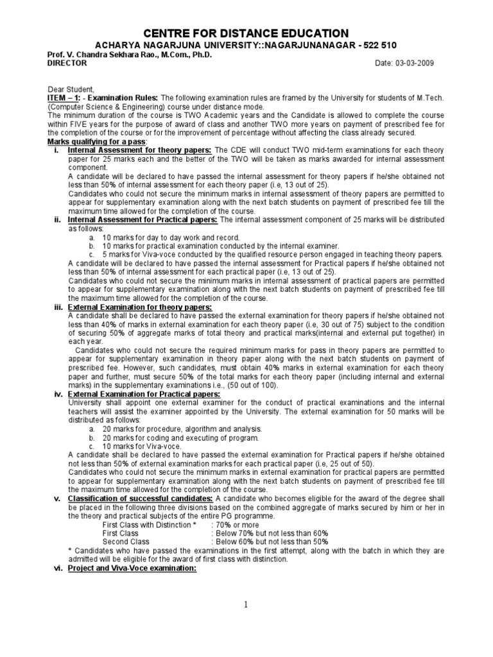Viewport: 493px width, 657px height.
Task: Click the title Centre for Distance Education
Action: point(246,33)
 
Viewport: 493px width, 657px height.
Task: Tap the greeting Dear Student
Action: point(71,89)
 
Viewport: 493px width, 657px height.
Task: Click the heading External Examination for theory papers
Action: point(130,307)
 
